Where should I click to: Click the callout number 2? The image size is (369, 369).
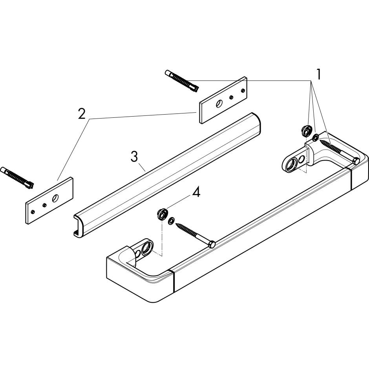tap(81, 114)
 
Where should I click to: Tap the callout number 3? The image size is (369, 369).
tap(134, 157)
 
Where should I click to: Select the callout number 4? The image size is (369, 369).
tap(196, 193)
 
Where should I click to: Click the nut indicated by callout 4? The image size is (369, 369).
tap(161, 214)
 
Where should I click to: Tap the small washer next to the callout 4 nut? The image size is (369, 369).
tap(171, 221)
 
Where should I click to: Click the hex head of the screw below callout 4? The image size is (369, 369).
tap(211, 245)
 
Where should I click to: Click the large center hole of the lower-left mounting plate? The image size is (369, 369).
tap(55, 198)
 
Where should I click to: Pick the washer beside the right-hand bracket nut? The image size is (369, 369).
tap(315, 137)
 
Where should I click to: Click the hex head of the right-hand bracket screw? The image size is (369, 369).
tap(356, 160)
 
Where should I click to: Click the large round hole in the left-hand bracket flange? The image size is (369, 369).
tap(146, 248)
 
